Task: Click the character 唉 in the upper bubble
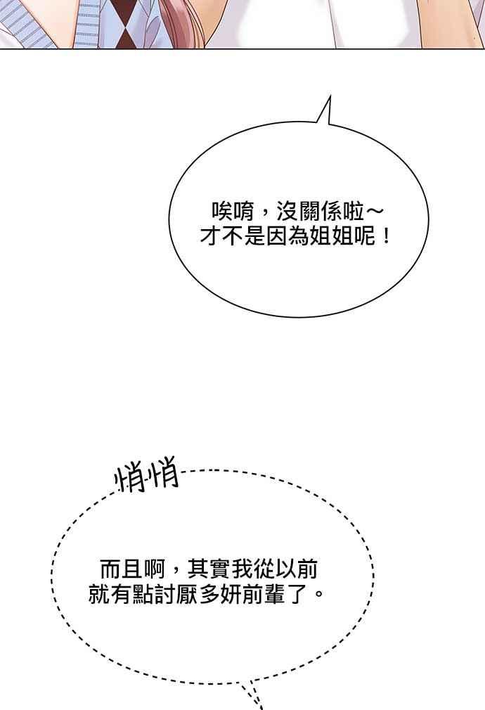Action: (222, 212)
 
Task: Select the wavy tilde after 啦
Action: (375, 211)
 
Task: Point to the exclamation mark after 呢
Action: (386, 235)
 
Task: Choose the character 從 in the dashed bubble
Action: (264, 569)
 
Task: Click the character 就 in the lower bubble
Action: (99, 593)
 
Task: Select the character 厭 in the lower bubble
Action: (187, 593)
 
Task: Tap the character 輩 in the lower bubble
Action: (275, 593)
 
